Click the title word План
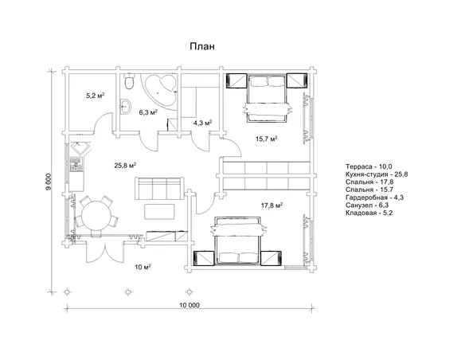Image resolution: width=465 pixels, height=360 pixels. click(x=202, y=46)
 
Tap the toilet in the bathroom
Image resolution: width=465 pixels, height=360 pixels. click(x=129, y=81)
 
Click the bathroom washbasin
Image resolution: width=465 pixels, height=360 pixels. click(x=126, y=106)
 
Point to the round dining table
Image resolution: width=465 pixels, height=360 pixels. click(x=96, y=215)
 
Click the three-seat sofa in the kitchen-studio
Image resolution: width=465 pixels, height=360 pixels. click(x=159, y=189)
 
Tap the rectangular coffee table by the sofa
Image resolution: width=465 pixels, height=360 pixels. click(x=159, y=212)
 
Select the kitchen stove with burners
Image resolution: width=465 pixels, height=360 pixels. click(x=76, y=165)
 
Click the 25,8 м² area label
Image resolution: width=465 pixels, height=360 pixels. click(x=125, y=165)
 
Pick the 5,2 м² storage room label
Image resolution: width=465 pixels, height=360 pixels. click(x=96, y=96)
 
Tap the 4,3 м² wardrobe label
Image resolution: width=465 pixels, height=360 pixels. click(x=202, y=123)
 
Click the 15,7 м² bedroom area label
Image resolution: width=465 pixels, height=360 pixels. click(x=266, y=139)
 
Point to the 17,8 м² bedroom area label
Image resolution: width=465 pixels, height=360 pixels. click(x=272, y=205)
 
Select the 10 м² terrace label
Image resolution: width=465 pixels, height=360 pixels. click(x=143, y=267)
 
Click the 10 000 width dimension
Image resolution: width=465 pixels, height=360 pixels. click(x=190, y=305)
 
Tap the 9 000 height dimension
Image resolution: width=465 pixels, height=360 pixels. click(x=49, y=182)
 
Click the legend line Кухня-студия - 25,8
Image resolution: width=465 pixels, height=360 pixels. click(x=377, y=174)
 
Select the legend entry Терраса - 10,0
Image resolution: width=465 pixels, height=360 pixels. click(x=369, y=166)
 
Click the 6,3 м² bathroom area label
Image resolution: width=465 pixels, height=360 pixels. click(x=148, y=112)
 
